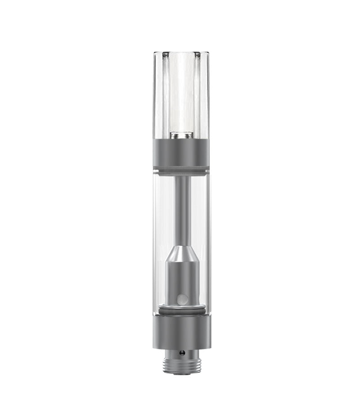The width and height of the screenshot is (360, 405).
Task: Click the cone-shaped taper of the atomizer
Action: pos(181,254)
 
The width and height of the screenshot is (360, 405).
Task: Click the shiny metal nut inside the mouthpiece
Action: pos(181,134)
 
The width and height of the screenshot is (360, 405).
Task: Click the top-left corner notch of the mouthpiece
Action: pos(166,55)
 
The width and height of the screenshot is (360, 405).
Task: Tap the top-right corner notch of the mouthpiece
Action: pos(197,55)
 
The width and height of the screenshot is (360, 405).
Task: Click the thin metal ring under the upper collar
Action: pos(181,170)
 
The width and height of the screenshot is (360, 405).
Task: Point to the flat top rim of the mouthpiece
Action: pos(181,53)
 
